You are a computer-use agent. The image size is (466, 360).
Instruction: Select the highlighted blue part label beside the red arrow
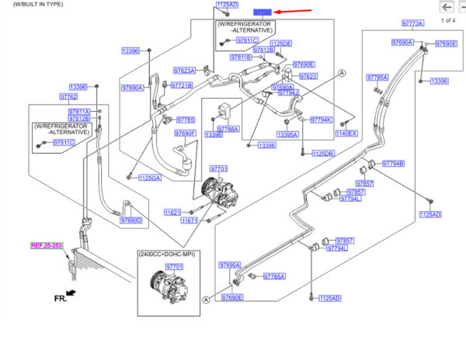263,12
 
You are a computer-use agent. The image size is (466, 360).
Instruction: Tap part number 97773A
412,23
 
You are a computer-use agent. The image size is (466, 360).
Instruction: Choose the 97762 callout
69,97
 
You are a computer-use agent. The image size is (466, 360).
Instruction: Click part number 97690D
130,221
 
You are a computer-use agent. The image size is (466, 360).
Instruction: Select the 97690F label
185,133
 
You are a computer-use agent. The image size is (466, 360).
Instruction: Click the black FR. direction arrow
72,292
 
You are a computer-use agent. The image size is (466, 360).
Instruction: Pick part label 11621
172,213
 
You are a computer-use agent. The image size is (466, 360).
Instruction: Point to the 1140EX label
346,133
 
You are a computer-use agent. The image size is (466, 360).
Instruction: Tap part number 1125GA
149,178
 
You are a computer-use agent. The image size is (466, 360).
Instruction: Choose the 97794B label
393,164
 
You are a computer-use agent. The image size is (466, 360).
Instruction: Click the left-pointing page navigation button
446,7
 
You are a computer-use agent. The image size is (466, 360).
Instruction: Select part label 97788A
228,128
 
